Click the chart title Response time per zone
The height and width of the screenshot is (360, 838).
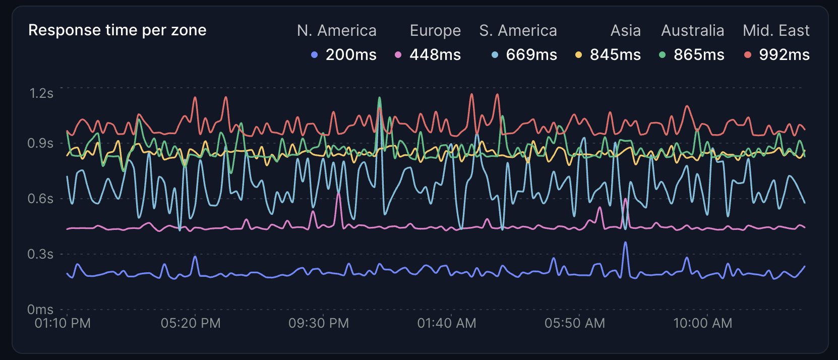point(117,30)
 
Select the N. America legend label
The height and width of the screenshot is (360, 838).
point(336,31)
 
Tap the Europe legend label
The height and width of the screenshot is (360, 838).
point(435,31)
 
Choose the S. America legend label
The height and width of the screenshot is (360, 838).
point(518,31)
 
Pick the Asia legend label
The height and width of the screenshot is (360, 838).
point(625,31)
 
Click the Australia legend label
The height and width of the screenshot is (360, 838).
point(692,31)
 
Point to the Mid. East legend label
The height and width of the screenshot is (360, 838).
point(776,31)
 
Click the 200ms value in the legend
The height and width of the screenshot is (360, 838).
point(351,54)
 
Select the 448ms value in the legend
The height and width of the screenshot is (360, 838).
point(435,54)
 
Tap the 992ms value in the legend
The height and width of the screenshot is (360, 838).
point(784,54)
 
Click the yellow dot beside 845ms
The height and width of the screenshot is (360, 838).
point(578,55)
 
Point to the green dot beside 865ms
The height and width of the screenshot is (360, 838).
point(662,55)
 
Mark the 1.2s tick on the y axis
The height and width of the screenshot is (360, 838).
point(41,93)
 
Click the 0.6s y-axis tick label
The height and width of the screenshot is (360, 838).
point(40,199)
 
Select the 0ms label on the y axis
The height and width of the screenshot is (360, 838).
point(40,309)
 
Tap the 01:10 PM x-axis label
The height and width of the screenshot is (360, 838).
point(63,323)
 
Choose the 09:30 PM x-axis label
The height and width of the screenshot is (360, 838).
point(319,323)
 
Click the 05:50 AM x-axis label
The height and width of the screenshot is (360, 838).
point(575,323)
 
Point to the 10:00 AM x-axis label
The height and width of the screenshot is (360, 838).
point(703,323)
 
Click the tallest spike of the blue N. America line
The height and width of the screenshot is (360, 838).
point(626,243)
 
